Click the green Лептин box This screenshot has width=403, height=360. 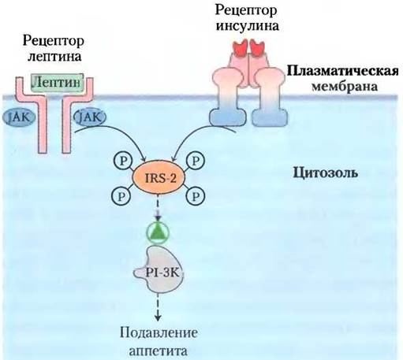coord(58,83)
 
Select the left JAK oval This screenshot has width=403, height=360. coord(19,117)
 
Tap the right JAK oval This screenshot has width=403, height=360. coord(90,117)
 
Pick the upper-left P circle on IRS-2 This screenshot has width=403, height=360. coord(123,161)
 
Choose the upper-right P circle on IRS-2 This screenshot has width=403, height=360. coord(195,161)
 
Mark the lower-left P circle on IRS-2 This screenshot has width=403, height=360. coord(121,196)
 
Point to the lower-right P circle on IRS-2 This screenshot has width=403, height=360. coord(195,196)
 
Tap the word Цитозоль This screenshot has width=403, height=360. coord(325,173)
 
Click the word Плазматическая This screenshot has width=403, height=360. coord(342,71)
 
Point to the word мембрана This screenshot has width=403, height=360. coord(345,86)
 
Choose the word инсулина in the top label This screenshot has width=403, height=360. coord(247,26)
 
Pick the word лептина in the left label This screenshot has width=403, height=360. coord(54,57)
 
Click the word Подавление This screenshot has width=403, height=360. coord(159,333)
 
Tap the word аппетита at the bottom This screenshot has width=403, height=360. coord(159,351)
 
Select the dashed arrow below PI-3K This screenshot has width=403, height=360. coord(158,306)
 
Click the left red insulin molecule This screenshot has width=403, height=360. coord(241,48)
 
